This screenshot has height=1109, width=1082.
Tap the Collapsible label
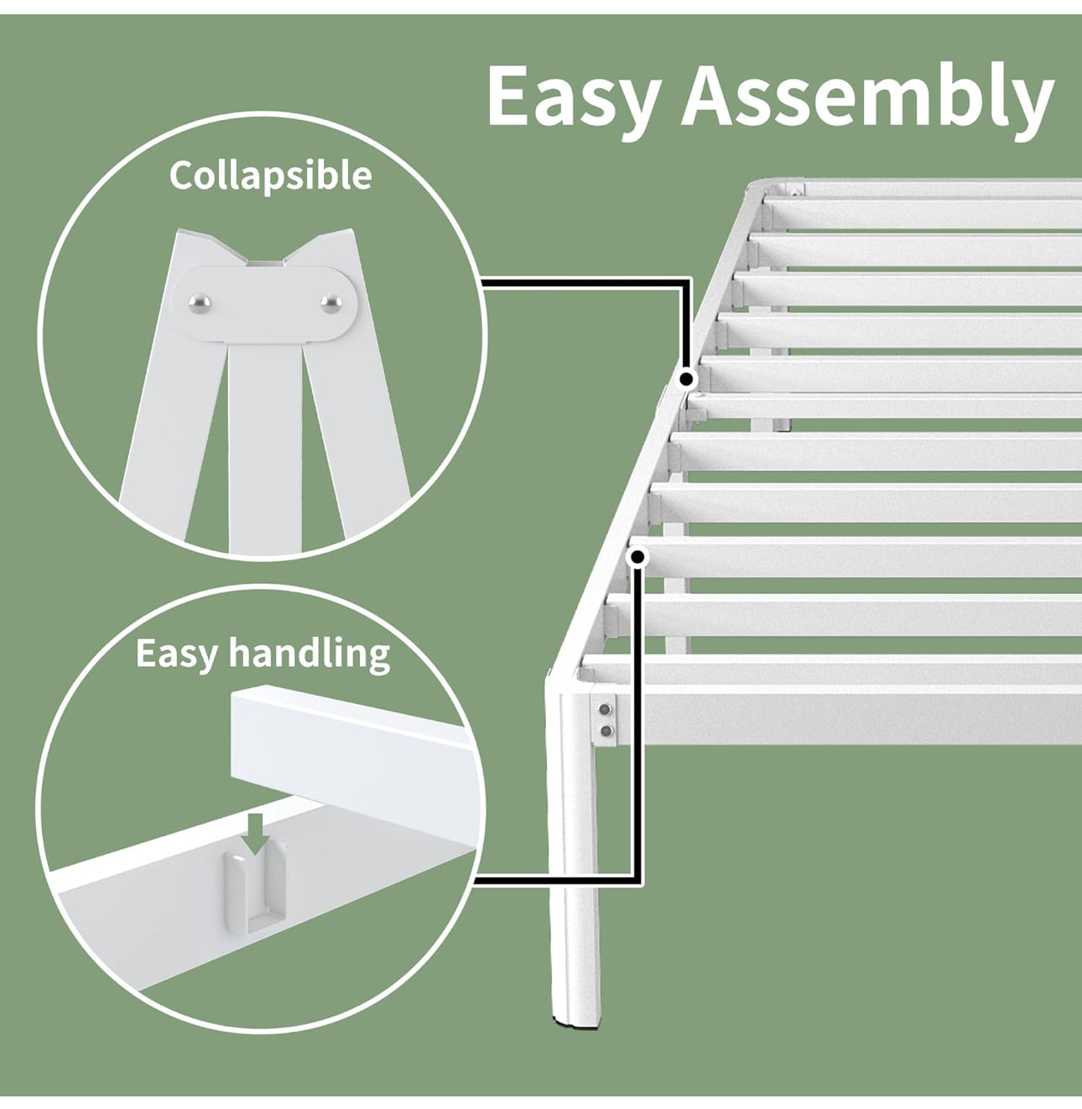270,175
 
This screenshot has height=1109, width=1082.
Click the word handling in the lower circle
310,653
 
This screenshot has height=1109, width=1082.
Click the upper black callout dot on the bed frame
687,379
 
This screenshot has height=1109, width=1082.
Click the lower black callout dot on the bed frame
638,557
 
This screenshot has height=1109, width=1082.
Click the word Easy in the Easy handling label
176,653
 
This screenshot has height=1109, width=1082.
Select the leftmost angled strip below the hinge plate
168,436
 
